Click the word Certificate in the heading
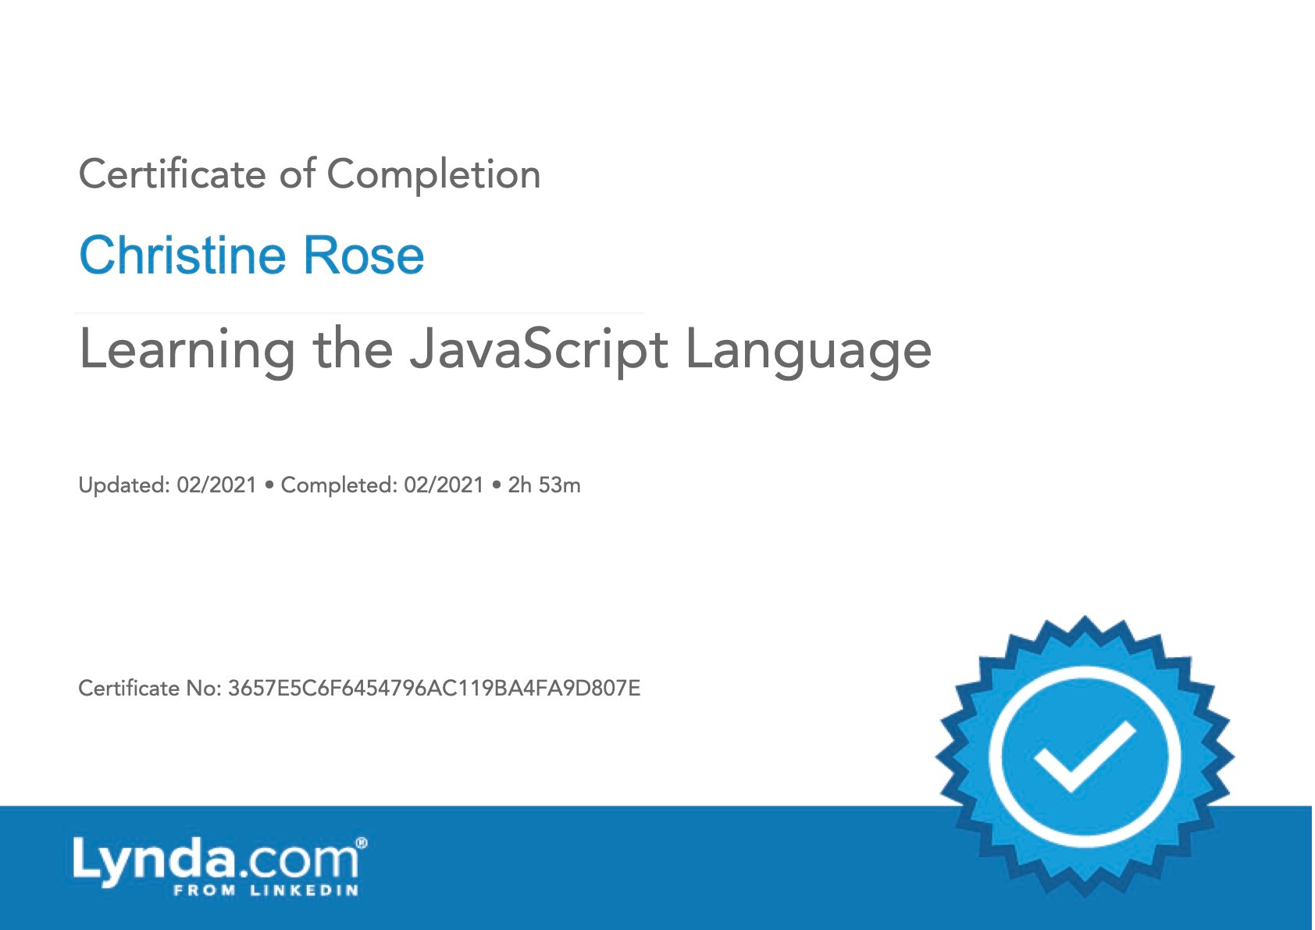[172, 174]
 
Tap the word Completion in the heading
[433, 174]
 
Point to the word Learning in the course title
[187, 350]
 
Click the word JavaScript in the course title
[538, 350]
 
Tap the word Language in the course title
[808, 350]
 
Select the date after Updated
[216, 485]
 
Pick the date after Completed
[444, 485]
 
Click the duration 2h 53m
[544, 485]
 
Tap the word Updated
[124, 485]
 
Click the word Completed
[339, 485]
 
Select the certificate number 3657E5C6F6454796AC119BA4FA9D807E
[434, 688]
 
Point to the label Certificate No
[150, 688]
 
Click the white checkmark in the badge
[1085, 757]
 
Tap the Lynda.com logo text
[216, 860]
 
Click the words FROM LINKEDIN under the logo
[266, 890]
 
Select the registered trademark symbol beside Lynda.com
[362, 843]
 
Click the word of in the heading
[298, 174]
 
